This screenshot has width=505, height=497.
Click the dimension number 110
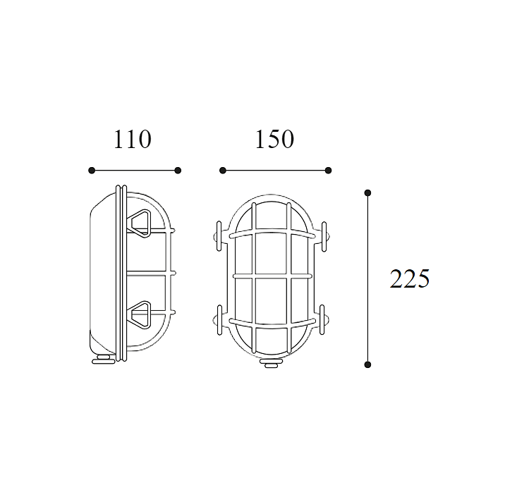click(x=133, y=140)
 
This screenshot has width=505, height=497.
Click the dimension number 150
click(x=274, y=140)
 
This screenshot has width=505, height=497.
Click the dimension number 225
click(x=409, y=278)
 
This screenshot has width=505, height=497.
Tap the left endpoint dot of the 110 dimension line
click(x=92, y=171)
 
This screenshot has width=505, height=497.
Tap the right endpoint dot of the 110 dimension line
click(x=178, y=171)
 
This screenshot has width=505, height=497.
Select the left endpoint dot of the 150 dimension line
click(x=223, y=171)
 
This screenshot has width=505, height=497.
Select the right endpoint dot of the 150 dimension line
click(x=328, y=171)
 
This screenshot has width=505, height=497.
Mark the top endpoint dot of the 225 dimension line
click(x=367, y=193)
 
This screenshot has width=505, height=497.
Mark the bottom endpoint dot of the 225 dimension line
click(x=367, y=364)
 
